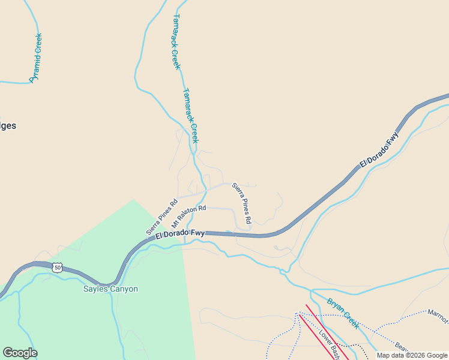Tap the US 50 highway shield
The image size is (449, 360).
57,268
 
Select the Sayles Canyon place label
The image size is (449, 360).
110,289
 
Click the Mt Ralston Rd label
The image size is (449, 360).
188,216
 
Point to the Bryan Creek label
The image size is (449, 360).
343,314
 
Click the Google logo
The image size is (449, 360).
20,353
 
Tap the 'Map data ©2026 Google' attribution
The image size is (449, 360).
412,355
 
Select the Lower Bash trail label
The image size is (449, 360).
330,344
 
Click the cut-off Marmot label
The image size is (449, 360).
438,316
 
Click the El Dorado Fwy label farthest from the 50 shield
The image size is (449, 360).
379,150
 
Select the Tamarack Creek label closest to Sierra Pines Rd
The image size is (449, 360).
190,116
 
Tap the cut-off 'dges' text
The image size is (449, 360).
8,126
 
